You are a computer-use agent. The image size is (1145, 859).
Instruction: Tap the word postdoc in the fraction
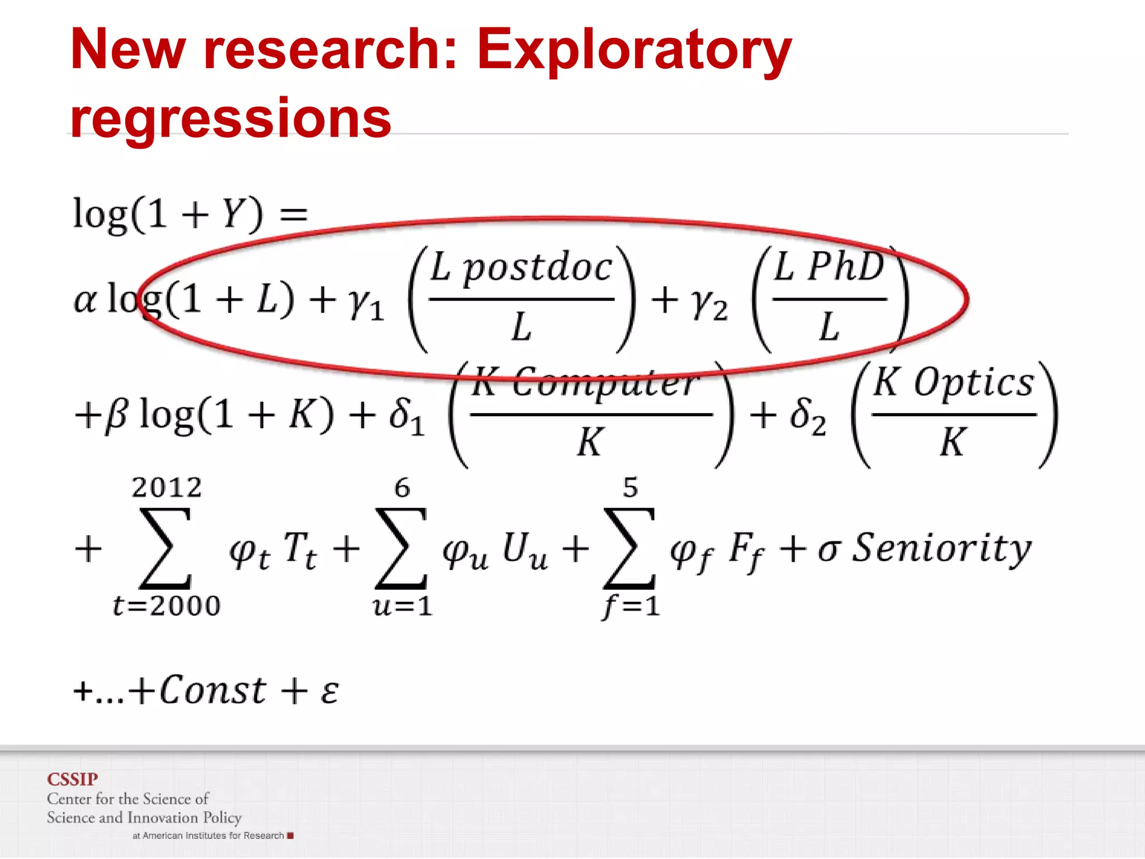538,268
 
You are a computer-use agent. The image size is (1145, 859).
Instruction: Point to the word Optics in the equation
973,384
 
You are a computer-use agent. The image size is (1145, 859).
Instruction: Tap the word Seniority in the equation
941,548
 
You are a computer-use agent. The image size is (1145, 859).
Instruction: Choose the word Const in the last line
213,690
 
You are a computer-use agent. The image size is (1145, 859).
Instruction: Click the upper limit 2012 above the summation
167,488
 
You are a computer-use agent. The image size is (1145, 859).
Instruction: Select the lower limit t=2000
167,606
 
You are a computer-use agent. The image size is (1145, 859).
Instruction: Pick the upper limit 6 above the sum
402,488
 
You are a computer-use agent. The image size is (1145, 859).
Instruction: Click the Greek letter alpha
85,301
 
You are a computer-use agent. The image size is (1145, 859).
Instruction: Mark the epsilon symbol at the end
330,692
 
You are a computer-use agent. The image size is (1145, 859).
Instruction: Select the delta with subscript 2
807,416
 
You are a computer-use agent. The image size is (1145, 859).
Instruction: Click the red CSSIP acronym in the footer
72,779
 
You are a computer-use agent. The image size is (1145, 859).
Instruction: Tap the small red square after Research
290,836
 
